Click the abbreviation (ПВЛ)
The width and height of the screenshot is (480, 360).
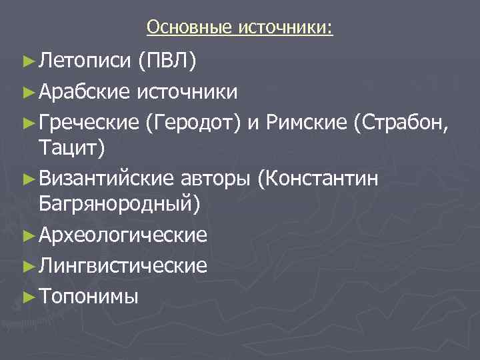[x=167, y=62]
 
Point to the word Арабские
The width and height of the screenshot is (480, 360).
[x=83, y=91]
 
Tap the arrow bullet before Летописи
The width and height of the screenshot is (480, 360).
[x=27, y=63]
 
